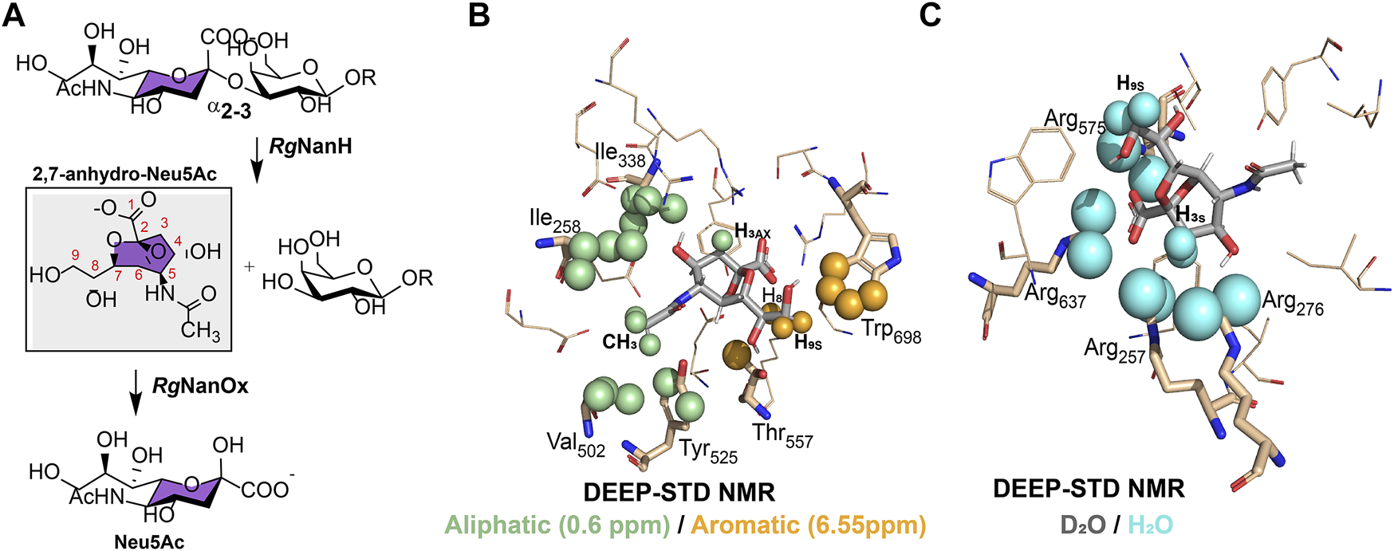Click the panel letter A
click(14, 16)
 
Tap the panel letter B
click(478, 16)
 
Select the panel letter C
click(930, 16)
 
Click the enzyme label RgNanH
click(310, 147)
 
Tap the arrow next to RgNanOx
click(136, 392)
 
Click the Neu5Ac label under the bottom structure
click(149, 542)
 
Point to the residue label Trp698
click(891, 331)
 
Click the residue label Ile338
click(620, 155)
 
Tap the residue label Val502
click(576, 444)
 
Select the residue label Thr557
click(782, 435)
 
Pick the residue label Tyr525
click(708, 451)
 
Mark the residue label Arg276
click(1293, 303)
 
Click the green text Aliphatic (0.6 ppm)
click(557, 525)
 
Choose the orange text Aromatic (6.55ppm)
click(808, 525)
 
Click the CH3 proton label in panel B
click(620, 343)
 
